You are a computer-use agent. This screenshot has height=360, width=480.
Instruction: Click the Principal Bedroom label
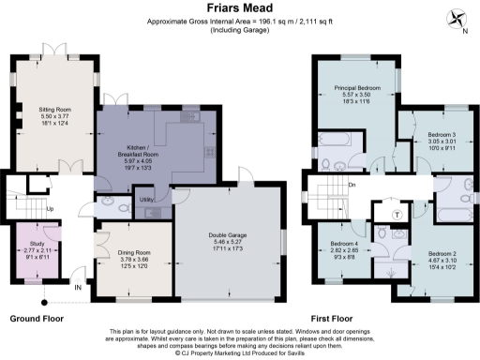pos(355,88)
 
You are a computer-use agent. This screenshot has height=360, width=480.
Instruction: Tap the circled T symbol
pos(397,215)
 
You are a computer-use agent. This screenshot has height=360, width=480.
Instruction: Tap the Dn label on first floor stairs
pos(352,185)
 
